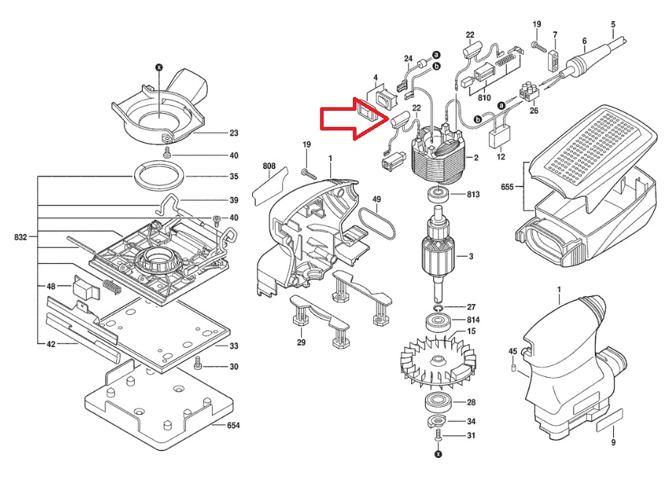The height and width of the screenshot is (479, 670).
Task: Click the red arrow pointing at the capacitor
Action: pyautogui.click(x=354, y=119)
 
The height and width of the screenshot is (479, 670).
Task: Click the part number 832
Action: pyautogui.click(x=20, y=237)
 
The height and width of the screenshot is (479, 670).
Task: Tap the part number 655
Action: pyautogui.click(x=507, y=187)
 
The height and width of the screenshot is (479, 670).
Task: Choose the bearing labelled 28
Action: pyautogui.click(x=437, y=402)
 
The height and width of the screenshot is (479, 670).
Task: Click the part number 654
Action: pyautogui.click(x=233, y=425)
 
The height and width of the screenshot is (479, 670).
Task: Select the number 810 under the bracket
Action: pyautogui.click(x=484, y=98)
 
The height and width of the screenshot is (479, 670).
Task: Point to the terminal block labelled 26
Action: pyautogui.click(x=529, y=93)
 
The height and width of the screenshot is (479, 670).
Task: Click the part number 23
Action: pyautogui.click(x=234, y=133)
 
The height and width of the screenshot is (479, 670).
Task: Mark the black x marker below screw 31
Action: pyautogui.click(x=437, y=454)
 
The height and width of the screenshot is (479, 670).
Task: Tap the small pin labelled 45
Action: pyautogui.click(x=513, y=368)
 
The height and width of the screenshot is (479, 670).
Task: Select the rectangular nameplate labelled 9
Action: pyautogui.click(x=610, y=418)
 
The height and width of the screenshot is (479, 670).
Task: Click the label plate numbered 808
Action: pyautogui.click(x=268, y=187)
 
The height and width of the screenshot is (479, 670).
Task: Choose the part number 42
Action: pyautogui.click(x=51, y=343)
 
